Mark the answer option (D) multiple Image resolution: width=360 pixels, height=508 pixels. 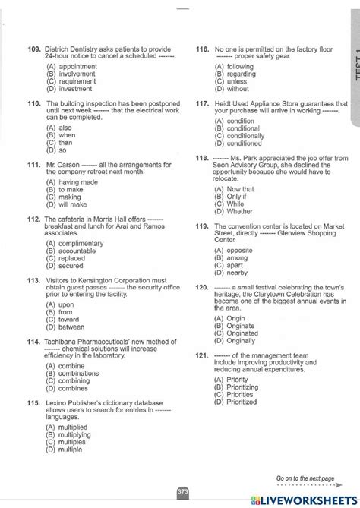[65, 449]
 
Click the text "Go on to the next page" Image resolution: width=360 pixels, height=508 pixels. [305, 478]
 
